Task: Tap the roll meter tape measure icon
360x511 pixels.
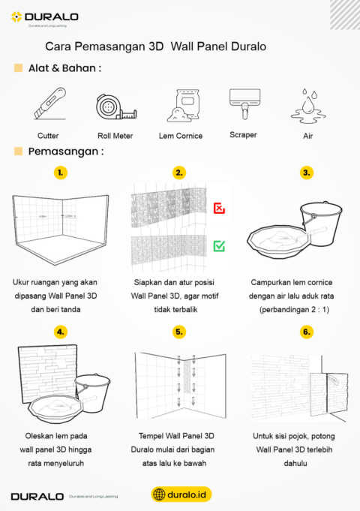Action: (115, 107)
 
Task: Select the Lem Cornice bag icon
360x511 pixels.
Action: (181, 105)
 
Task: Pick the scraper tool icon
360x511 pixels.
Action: (244, 103)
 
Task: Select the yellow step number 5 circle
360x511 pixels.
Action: (178, 331)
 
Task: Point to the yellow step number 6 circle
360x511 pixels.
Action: (306, 331)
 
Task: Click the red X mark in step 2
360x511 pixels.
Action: (219, 208)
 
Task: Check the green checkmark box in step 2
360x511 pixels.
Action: (219, 245)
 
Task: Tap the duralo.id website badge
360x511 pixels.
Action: (180, 494)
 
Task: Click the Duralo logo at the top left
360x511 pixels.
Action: (45, 17)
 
